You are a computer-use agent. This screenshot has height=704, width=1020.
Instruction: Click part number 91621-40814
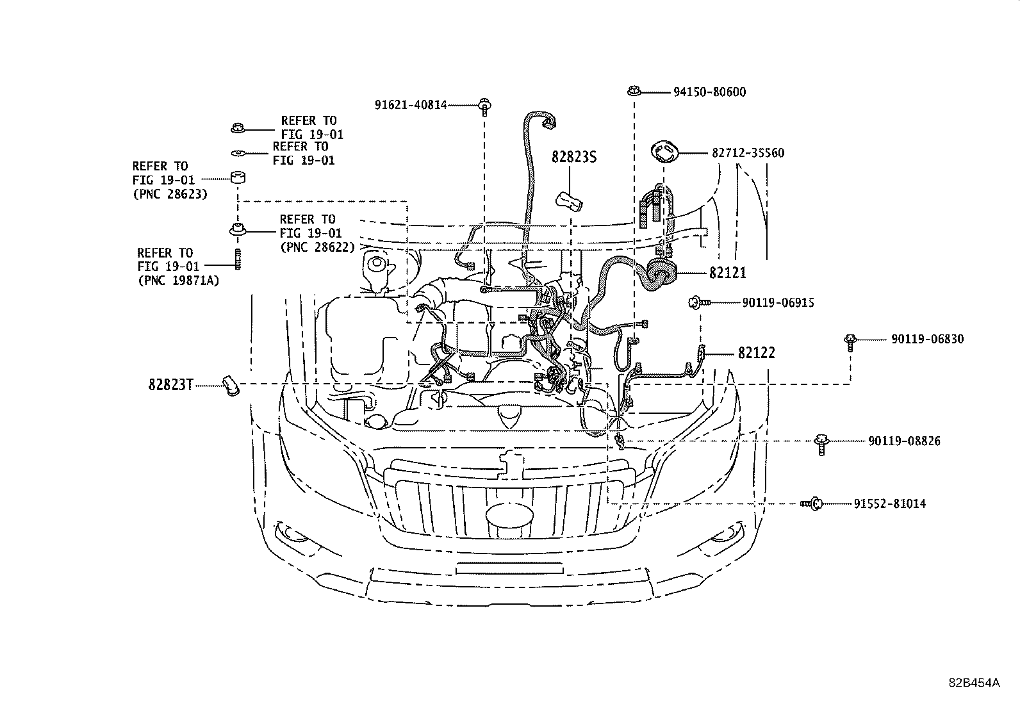coord(411,105)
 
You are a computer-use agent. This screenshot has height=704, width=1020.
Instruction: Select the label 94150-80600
coord(709,92)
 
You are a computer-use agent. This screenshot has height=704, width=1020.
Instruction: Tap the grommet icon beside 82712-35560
coord(664,153)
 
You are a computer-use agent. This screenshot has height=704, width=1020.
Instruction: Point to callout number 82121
coord(727,273)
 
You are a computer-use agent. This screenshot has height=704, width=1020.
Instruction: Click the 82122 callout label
coord(756,353)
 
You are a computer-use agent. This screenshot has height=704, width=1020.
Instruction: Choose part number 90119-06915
coord(778,302)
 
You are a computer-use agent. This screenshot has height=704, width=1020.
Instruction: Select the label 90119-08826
coord(904,441)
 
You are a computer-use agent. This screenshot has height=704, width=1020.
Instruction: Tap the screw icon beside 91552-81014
coord(812,504)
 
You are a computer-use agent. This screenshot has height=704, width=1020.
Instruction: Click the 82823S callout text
coord(574,157)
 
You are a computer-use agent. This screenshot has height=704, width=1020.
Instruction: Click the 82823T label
coord(170,385)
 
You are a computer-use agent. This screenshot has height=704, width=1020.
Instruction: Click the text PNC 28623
coord(170,194)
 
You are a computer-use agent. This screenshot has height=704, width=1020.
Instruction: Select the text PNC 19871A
coord(178,280)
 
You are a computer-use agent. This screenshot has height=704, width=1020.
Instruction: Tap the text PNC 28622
coord(317,247)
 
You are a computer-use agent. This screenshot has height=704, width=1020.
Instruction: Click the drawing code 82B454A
coord(974,682)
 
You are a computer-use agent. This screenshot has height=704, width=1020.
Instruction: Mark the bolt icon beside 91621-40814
coord(484,106)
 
